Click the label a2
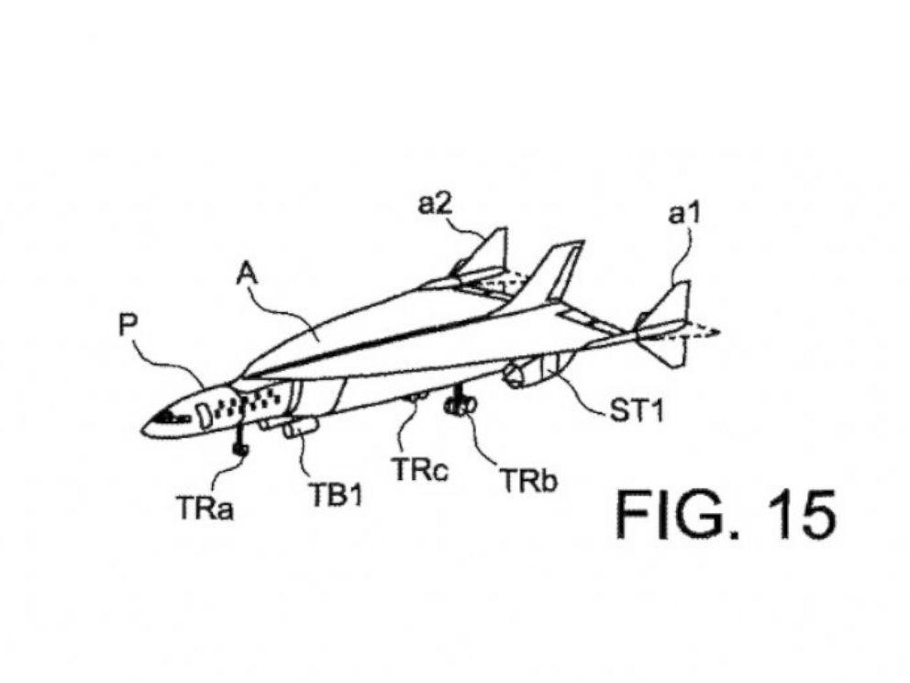435,204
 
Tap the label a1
685,214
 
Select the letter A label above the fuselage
248,274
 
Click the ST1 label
636,411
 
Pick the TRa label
205,509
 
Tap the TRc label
420,470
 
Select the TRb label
528,481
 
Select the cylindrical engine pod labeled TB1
301,428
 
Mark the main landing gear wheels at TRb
461,406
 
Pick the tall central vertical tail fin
551,279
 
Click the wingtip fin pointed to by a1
668,325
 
